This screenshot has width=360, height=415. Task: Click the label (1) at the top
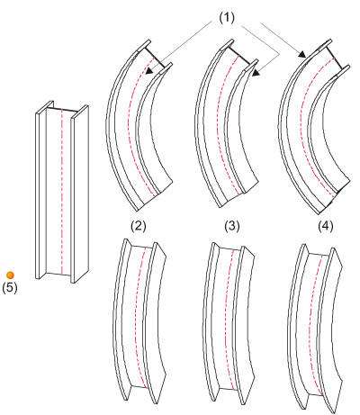click(x=227, y=18)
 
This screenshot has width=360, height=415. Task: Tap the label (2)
click(x=139, y=226)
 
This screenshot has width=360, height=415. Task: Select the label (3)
click(x=232, y=226)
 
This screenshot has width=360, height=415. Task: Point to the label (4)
click(x=326, y=226)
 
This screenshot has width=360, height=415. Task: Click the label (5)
click(x=10, y=287)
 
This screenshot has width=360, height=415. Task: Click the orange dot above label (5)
click(x=10, y=275)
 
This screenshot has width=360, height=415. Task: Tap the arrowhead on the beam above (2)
click(x=149, y=70)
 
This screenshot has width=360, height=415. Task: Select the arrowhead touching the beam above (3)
click(x=256, y=72)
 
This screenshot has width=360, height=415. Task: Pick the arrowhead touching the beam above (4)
click(x=301, y=54)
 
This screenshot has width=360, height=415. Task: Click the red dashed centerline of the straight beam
click(x=61, y=192)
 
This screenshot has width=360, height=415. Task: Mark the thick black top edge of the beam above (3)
click(x=239, y=56)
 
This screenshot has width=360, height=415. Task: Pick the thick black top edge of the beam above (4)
click(x=335, y=58)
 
